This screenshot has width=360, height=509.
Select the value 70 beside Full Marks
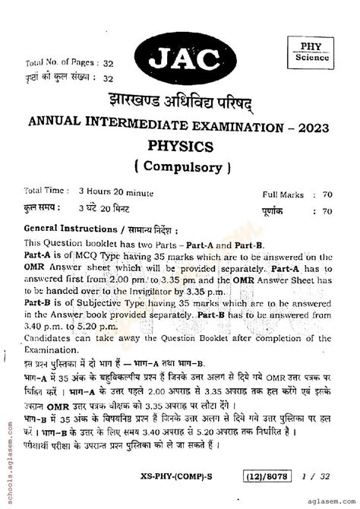click(x=327, y=195)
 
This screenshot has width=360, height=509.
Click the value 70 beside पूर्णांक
click(x=327, y=210)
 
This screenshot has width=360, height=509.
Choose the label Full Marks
click(x=283, y=195)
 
